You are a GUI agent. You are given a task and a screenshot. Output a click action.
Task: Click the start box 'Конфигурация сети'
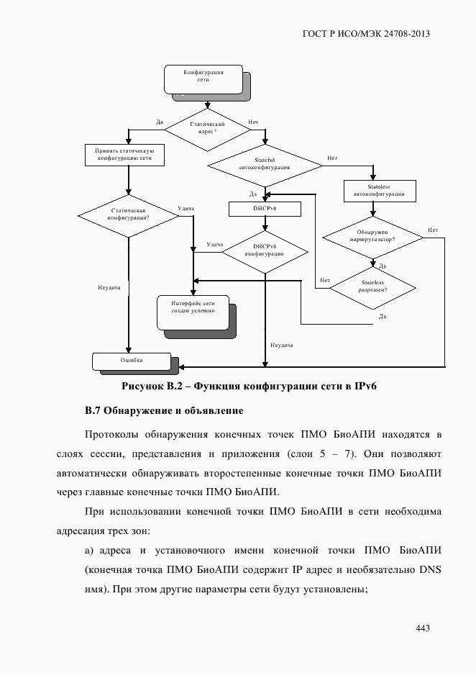pyautogui.click(x=203, y=78)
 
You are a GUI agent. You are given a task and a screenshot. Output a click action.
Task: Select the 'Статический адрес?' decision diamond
pyautogui.click(x=208, y=130)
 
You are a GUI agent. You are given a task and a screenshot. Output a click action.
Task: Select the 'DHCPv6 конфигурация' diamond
pyautogui.click(x=264, y=249)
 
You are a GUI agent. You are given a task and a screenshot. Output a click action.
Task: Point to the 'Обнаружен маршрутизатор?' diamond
pyautogui.click(x=372, y=237)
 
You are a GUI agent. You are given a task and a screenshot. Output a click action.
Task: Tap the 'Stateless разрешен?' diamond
pyautogui.click(x=372, y=286)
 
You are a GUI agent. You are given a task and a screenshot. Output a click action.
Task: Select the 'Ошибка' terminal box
pyautogui.click(x=131, y=360)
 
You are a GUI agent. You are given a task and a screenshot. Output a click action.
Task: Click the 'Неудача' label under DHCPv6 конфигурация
pyautogui.click(x=281, y=345)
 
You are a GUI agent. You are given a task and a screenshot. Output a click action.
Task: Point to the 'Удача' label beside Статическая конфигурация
pyautogui.click(x=186, y=209)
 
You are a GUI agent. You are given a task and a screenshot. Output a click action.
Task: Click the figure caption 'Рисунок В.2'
pyautogui.click(x=154, y=387)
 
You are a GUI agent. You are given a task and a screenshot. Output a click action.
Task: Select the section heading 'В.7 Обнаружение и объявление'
pyautogui.click(x=164, y=412)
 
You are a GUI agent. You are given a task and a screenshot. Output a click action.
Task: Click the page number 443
pyautogui.click(x=423, y=628)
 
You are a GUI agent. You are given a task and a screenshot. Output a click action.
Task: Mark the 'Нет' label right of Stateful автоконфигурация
pyautogui.click(x=331, y=158)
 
